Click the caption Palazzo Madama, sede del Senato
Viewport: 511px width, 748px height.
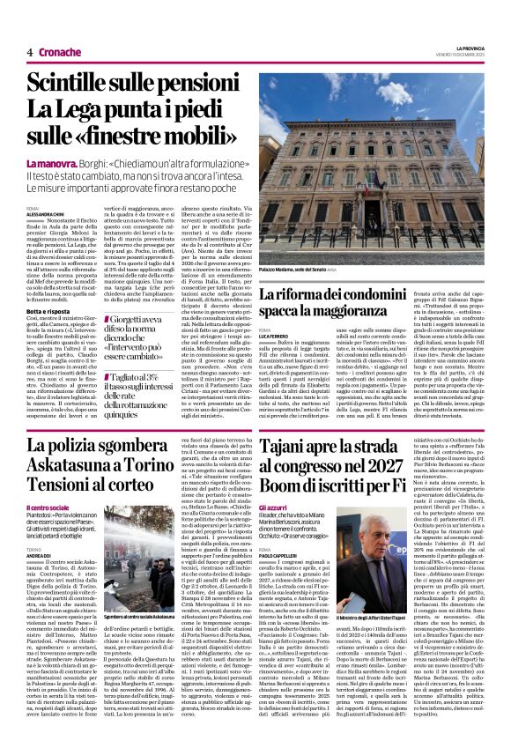coord(291,271)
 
